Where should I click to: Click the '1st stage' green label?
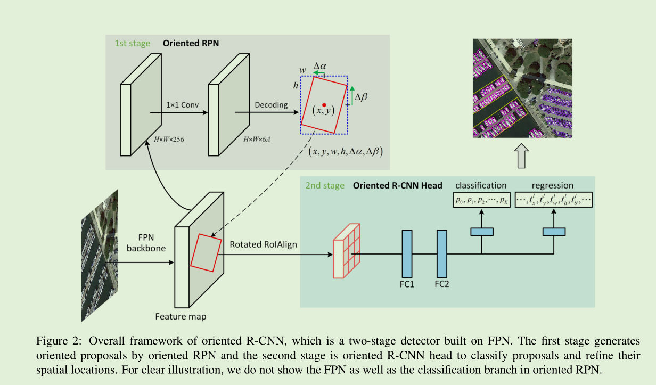coord(132,43)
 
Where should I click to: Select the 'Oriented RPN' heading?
coord(191,43)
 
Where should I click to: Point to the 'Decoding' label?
coord(271,105)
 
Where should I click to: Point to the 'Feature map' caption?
coord(181,316)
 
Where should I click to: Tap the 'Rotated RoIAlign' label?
coord(263,244)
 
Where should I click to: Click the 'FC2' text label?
coord(442,284)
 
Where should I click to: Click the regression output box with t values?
coord(554,200)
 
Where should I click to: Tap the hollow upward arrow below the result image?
coord(522,156)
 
